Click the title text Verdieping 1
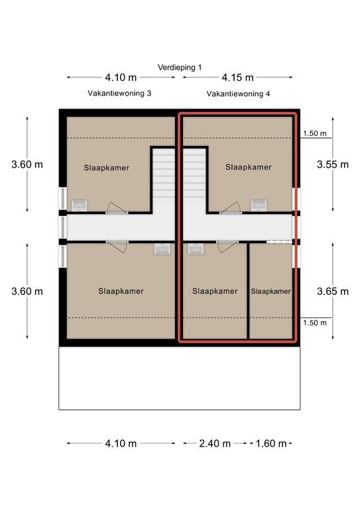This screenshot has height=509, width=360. coord(180,67)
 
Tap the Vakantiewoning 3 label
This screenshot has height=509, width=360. coord(119,93)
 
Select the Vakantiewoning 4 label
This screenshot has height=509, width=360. coord(238,94)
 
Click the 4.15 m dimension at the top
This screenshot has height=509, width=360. coord(237,78)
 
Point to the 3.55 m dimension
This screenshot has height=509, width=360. coord(333,164)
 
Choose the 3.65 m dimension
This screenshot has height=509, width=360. coord(333,291)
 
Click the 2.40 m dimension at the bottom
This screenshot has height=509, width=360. coord(215,443)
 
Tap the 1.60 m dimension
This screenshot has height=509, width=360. coord(271,443)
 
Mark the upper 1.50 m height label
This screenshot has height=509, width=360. coord(315,133)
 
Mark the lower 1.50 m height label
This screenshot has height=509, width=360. coord(315,323)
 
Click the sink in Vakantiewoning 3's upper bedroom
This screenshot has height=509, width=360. coord(79,205)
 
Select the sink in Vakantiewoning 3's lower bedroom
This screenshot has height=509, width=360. coord(162,249)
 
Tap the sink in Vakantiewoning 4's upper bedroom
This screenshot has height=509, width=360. coord(259,205)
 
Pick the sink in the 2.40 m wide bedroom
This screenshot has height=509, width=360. coord(196,249)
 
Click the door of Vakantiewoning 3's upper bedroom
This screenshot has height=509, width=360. coord(117,208)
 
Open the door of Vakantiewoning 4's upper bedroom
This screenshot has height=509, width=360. coord(231,208)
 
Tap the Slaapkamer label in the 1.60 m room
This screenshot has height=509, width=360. coord(270,292)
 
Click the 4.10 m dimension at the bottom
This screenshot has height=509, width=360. coord(121,443)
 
